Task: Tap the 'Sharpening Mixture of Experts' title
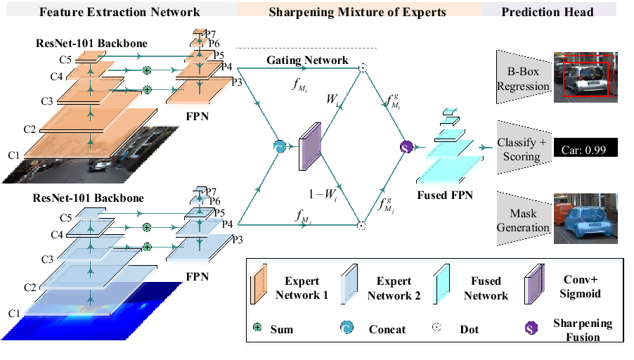(x=358, y=12)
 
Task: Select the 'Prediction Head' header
(x=548, y=12)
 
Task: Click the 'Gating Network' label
(x=307, y=60)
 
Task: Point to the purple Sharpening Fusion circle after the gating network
(x=406, y=147)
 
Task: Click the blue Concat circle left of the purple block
(x=278, y=146)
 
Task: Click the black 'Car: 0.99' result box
(x=585, y=149)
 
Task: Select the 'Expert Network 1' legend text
(x=302, y=289)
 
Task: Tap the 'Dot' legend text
(x=470, y=329)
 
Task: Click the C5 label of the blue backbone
(x=65, y=218)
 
